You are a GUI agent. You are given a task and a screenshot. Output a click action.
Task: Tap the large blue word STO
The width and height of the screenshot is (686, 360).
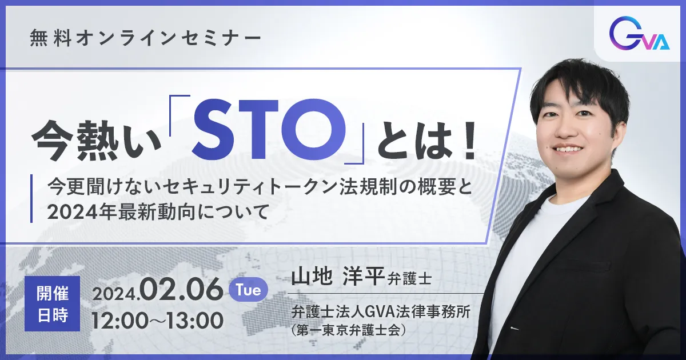point(269,130)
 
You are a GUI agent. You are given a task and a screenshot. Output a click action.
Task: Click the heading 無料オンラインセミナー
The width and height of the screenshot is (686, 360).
point(145,39)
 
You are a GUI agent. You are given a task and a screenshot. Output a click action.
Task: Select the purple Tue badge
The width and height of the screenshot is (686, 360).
point(248,290)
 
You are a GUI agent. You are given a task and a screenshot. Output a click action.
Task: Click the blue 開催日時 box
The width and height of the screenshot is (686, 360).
point(53,303)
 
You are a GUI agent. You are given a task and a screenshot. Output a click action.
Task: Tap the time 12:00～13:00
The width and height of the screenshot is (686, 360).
point(158,321)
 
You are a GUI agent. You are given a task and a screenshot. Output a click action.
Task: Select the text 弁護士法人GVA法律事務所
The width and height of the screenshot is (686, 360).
point(381,313)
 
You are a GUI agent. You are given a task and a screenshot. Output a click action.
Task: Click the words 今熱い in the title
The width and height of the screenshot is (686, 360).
point(97,141)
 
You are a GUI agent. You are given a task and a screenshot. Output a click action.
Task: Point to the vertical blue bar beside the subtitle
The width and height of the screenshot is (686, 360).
point(31,198)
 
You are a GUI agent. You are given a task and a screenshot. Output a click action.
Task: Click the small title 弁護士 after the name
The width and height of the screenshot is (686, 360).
point(410,279)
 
